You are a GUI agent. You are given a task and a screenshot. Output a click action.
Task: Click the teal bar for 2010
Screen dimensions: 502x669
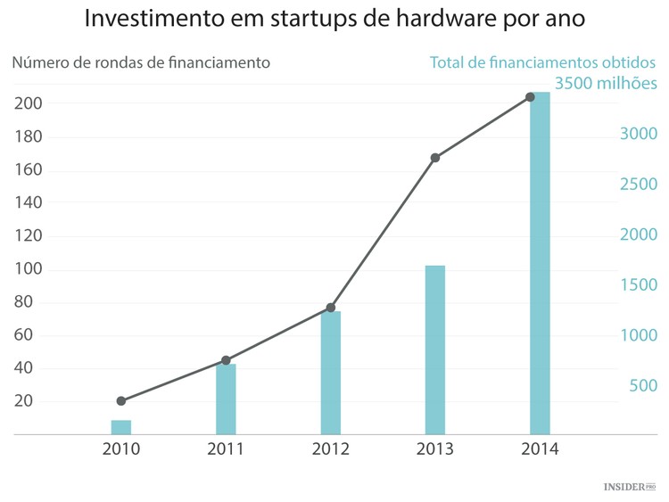tap(121, 427)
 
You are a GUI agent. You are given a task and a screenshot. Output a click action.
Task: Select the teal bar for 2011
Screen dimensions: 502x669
tap(226, 399)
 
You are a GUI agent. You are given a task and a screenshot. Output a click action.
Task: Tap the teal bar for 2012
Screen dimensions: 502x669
tap(330, 372)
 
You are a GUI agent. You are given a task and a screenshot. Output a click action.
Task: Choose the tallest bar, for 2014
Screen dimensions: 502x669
tap(540, 263)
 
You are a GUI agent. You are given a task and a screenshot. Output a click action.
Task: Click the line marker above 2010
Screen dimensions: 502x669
tap(121, 401)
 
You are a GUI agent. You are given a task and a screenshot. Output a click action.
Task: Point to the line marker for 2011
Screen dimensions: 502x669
tap(226, 360)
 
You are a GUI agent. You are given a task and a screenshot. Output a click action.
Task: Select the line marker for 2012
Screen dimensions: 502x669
tap(330, 308)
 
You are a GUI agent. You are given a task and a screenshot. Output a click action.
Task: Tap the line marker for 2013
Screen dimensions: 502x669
tap(435, 158)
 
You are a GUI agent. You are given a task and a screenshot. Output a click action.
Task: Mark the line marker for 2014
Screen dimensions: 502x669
tap(530, 96)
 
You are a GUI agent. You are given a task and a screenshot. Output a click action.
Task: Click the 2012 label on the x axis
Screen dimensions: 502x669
tap(330, 449)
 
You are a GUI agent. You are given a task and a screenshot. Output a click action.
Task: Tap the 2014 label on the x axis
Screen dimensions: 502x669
tap(540, 449)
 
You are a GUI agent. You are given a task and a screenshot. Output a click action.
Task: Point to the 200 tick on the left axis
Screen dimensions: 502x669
tap(29, 104)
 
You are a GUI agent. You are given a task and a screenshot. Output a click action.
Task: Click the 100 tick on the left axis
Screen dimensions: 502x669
tap(29, 269)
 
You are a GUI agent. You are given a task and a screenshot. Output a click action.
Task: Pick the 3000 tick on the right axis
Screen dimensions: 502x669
tap(639, 134)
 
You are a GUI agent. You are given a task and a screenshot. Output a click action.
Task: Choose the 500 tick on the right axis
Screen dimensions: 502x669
tap(643, 386)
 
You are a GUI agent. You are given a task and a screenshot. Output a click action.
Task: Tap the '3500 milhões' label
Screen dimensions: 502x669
tap(606, 84)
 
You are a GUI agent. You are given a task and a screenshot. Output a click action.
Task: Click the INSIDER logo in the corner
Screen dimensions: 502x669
tap(629, 487)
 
